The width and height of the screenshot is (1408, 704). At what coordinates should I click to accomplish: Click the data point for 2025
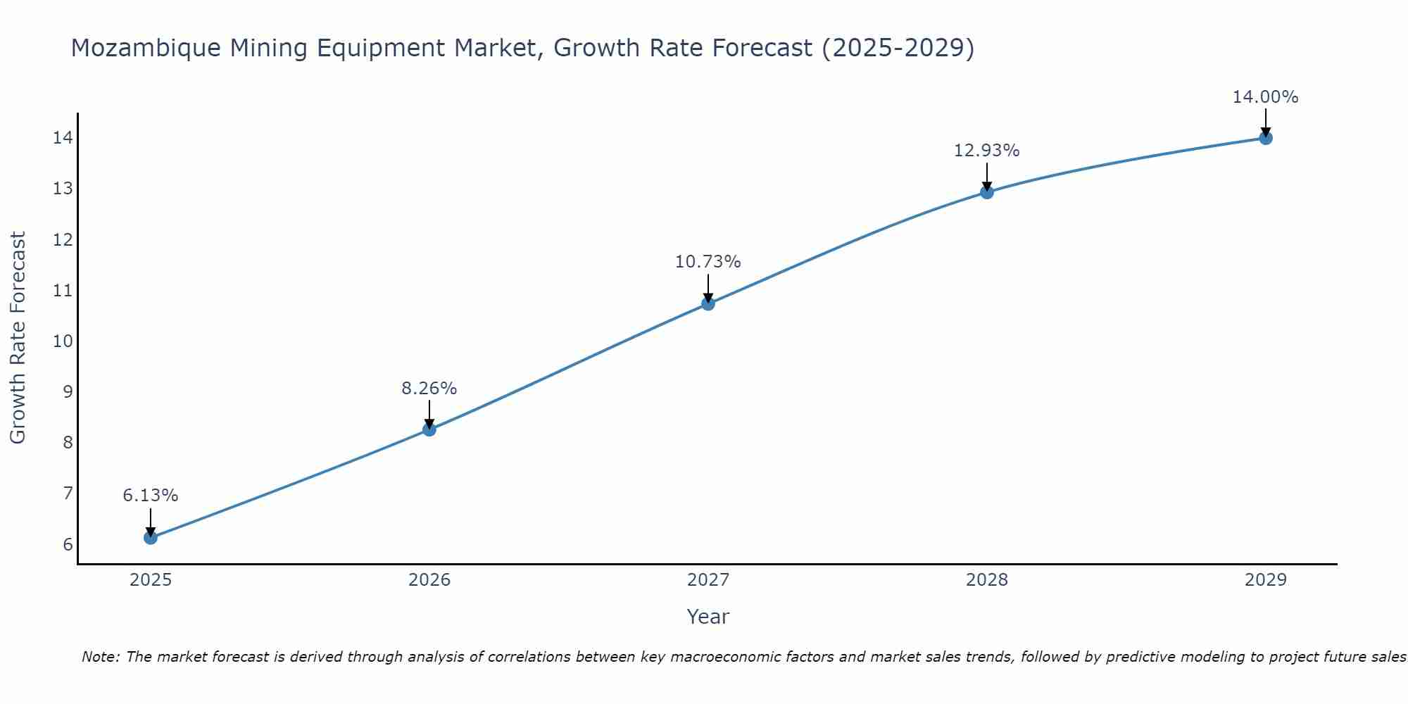coord(151,538)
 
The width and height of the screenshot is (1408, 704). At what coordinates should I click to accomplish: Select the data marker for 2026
coord(429,429)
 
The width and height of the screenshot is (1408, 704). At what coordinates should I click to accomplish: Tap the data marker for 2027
coord(708,303)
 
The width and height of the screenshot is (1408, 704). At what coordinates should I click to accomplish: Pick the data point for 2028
coord(987,192)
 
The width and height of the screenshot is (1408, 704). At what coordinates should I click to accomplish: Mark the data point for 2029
coord(1266,138)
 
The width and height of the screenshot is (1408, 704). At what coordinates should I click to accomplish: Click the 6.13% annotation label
coord(151,496)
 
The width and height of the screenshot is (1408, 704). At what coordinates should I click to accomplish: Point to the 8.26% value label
coord(429,389)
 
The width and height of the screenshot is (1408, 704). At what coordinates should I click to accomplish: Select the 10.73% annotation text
coord(708,262)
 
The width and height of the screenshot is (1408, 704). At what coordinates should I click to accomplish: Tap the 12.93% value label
coord(987,151)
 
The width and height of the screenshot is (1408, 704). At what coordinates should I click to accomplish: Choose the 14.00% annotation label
coord(1265,97)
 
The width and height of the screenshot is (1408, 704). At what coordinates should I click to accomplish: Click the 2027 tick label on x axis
coord(708,580)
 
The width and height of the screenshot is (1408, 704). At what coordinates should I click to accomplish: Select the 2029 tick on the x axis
coord(1266,580)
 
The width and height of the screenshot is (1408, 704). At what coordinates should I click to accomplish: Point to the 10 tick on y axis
coord(63,341)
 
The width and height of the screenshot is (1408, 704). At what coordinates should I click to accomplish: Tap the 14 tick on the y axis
coord(63,138)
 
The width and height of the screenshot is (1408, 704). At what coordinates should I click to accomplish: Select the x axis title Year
coord(708,617)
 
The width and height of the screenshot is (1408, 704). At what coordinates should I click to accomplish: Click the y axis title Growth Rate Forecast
coord(18,338)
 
